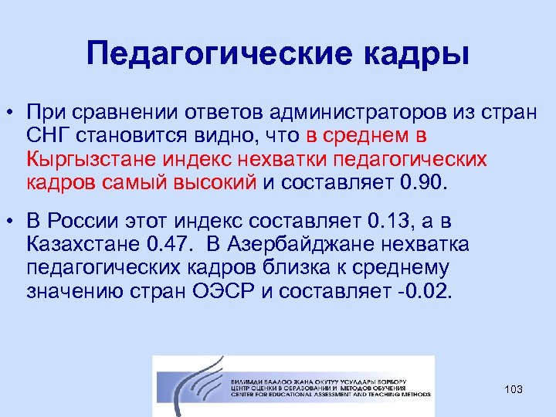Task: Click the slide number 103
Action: (513, 389)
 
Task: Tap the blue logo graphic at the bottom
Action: (192, 385)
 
